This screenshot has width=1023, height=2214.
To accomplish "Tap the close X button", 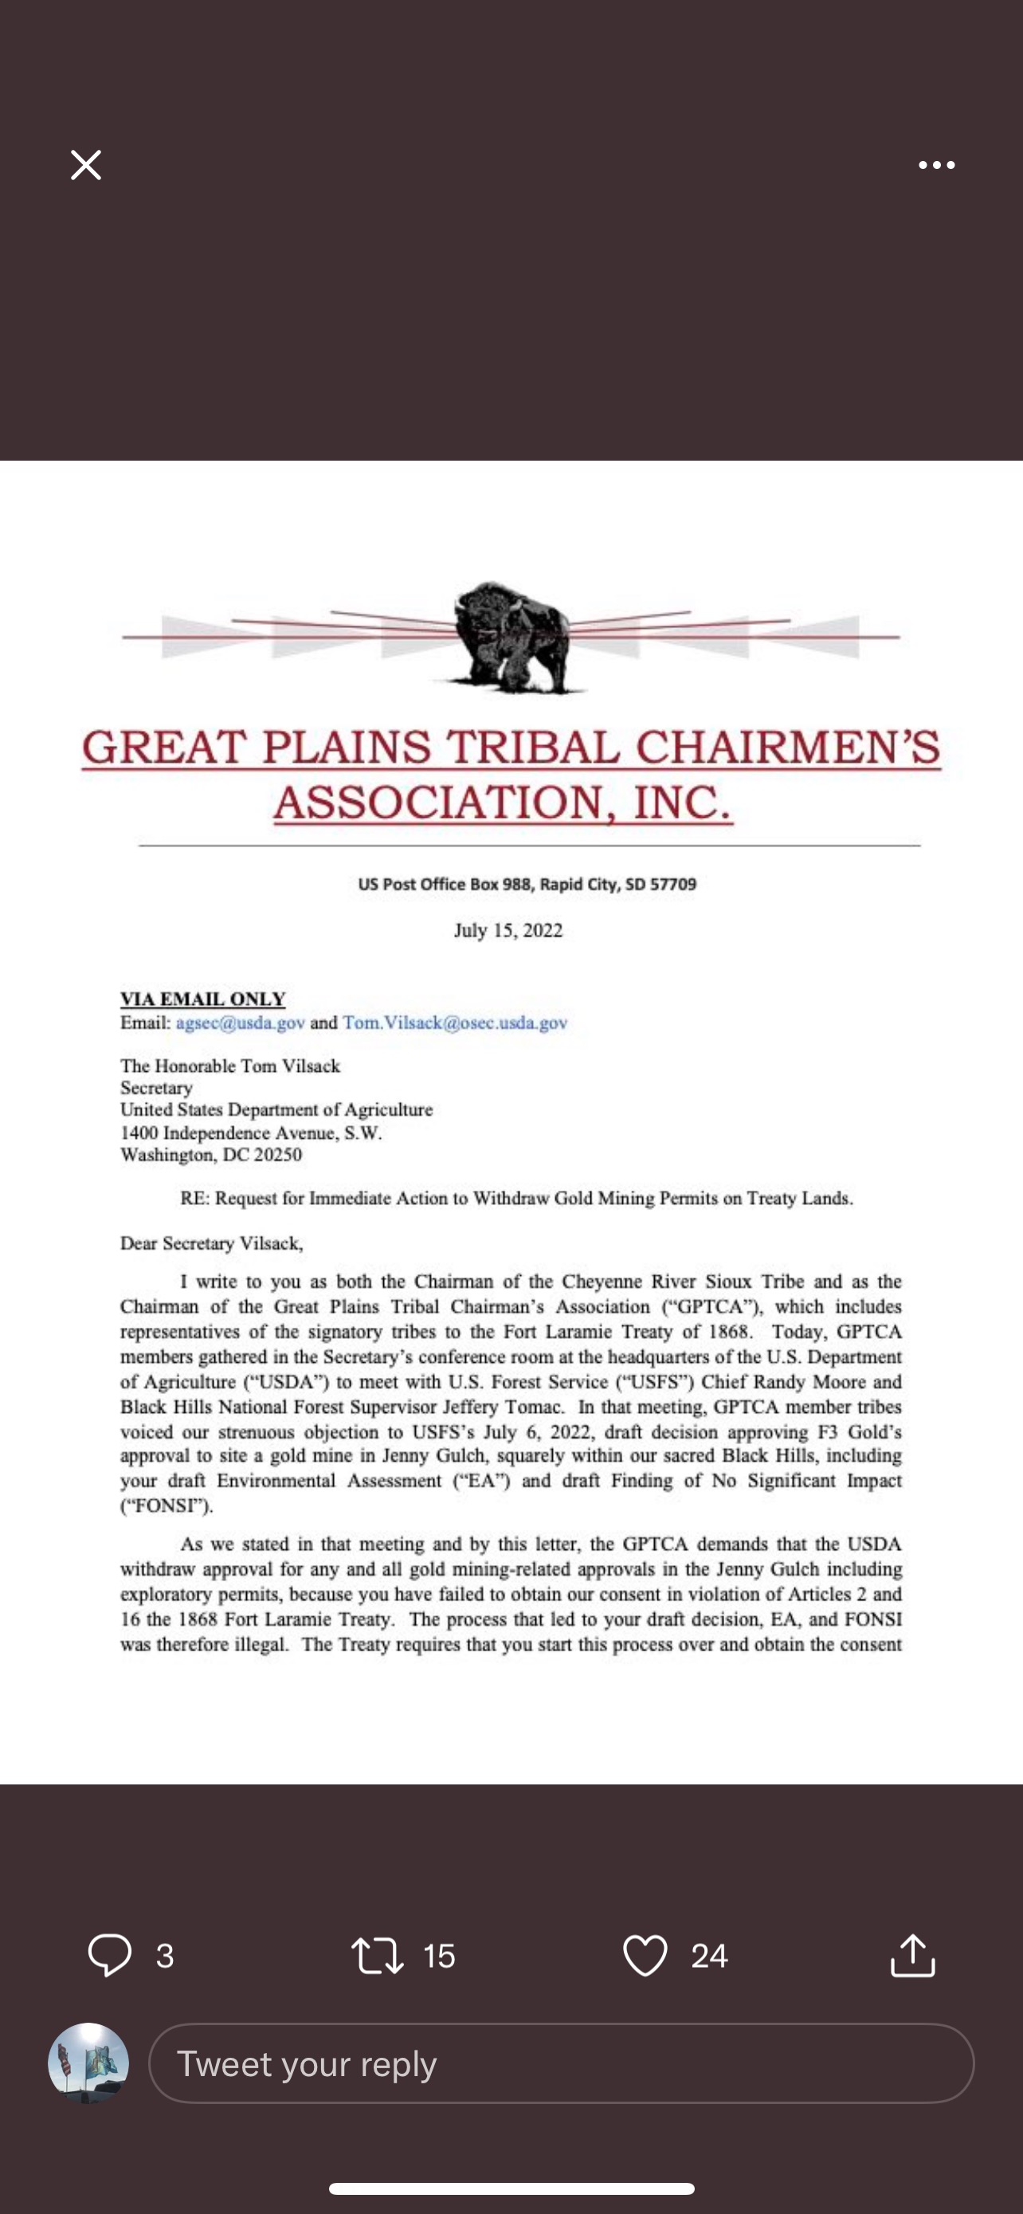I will (x=86, y=165).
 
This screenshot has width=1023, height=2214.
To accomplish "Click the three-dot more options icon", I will (x=936, y=165).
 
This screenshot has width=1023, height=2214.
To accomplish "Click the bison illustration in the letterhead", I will (x=510, y=637).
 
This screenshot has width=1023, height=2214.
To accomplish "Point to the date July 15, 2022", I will (x=508, y=931).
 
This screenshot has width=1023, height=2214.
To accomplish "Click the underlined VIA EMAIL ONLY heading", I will (x=202, y=999).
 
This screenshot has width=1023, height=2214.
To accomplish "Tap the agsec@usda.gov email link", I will (x=241, y=1023).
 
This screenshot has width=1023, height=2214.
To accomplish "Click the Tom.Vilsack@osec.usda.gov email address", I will (x=454, y=1023).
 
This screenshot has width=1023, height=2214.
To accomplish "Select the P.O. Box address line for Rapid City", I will (x=527, y=885).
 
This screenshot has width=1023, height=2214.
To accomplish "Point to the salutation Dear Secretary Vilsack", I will (x=211, y=1243).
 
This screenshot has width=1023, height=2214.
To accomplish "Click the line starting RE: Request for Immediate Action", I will (x=515, y=1198).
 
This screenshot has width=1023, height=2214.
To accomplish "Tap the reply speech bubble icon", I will (x=110, y=1954).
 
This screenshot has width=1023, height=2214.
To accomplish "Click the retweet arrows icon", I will (x=377, y=1955).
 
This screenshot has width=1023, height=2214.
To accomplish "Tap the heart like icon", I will (x=645, y=1955).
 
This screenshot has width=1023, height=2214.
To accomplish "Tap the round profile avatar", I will (x=88, y=2063).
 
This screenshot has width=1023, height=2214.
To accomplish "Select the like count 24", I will (x=709, y=1956).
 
